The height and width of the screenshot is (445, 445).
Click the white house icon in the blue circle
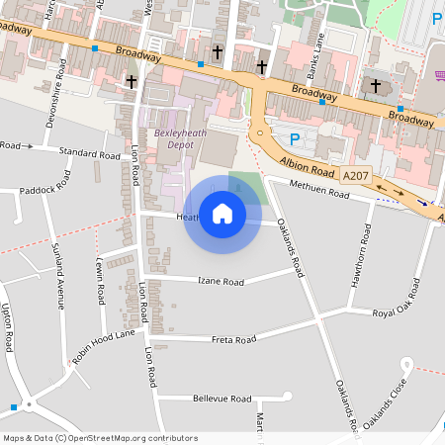[222, 214]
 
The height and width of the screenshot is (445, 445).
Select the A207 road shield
[356, 175]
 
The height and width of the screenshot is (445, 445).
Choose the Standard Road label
[89, 153]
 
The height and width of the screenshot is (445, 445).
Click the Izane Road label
[219, 282]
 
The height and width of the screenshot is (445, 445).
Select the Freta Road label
[234, 339]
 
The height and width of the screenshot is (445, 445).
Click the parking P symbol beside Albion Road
[293, 138]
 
